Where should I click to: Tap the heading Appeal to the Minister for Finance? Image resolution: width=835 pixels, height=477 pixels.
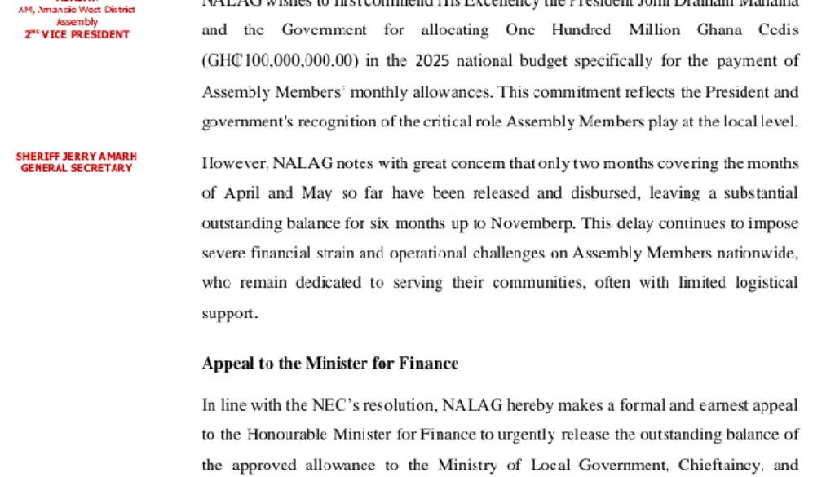(329, 364)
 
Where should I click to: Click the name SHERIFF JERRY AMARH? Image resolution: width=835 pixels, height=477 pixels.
(77, 157)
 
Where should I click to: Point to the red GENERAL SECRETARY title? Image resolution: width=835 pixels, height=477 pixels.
(77, 168)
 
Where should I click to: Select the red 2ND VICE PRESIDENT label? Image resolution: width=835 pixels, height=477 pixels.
(77, 34)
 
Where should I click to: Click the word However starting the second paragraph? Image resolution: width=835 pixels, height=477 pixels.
(235, 164)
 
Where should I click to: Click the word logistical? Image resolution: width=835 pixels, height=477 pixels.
(758, 283)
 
